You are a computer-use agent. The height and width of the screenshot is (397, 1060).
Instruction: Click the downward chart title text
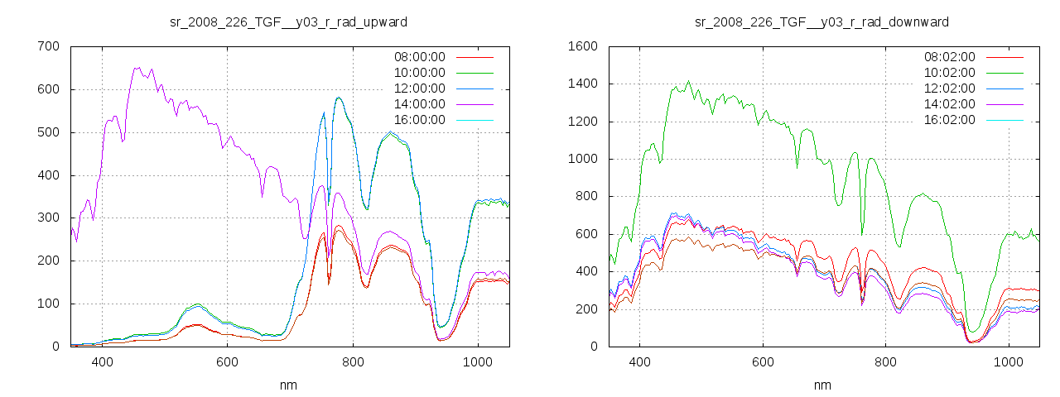tap(821, 22)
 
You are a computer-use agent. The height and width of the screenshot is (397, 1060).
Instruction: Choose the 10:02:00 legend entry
tap(950, 73)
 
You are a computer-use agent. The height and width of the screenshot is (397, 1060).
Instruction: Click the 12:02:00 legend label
tap(950, 88)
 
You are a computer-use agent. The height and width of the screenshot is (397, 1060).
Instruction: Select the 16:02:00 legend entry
tap(950, 120)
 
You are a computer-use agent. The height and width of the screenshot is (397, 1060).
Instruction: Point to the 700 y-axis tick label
tap(48, 46)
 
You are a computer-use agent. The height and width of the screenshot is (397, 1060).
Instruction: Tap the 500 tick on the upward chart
tap(48, 132)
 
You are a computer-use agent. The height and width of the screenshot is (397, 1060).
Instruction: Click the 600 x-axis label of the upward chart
tap(227, 361)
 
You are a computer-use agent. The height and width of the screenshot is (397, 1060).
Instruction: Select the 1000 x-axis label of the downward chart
tap(1009, 361)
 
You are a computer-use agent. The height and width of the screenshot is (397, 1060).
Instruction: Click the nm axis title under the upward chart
tap(288, 385)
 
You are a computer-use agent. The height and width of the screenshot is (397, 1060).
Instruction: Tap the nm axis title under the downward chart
tap(821, 385)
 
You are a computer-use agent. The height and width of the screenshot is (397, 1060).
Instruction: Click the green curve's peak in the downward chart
tap(688, 81)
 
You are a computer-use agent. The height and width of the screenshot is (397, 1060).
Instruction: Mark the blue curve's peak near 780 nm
tap(339, 98)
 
